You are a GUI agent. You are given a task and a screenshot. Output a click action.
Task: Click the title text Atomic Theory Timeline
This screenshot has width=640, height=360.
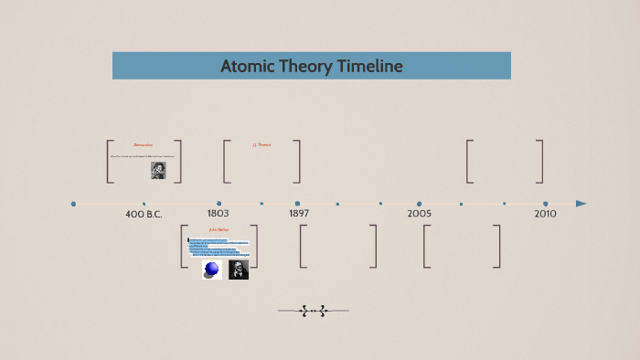pyautogui.click(x=311, y=66)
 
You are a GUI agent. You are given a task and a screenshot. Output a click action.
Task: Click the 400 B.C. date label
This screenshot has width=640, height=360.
pyautogui.click(x=144, y=214)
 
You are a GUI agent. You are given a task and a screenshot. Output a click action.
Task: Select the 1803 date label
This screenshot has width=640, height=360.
pyautogui.click(x=218, y=213)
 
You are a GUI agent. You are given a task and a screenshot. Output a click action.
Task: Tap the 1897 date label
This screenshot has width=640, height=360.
pyautogui.click(x=299, y=213)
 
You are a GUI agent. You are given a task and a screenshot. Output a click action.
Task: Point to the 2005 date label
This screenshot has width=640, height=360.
pyautogui.click(x=419, y=213)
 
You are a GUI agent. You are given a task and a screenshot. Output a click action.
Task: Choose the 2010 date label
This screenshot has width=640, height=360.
pyautogui.click(x=545, y=213)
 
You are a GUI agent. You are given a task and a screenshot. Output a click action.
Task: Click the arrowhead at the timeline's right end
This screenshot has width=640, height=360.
pyautogui.click(x=581, y=204)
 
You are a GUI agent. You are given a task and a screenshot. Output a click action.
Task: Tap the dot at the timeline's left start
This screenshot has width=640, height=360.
pyautogui.click(x=73, y=204)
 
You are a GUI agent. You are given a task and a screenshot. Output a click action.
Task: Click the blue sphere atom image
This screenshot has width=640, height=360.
pyautogui.click(x=212, y=270)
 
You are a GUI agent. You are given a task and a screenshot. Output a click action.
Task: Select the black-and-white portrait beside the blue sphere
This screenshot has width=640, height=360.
pyautogui.click(x=239, y=270)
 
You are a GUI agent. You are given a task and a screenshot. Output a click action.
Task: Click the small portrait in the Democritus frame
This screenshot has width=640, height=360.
pyautogui.click(x=158, y=170)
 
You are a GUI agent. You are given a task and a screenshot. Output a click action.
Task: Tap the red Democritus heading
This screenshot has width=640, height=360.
pyautogui.click(x=143, y=144)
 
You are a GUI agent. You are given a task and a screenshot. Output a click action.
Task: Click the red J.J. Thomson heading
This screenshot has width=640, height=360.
pyautogui.click(x=262, y=144)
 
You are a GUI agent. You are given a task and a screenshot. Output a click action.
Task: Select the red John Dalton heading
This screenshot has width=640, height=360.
pyautogui.click(x=219, y=229)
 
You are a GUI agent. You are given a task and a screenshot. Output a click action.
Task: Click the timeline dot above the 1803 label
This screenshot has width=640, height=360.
pyautogui.click(x=219, y=204)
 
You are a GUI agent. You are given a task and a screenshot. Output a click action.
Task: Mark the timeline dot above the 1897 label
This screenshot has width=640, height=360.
pyautogui.click(x=297, y=204)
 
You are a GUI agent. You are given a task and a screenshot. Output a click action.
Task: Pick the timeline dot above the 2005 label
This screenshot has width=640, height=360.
pyautogui.click(x=419, y=204)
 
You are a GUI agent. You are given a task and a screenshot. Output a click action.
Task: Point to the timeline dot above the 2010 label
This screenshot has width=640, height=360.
pyautogui.click(x=546, y=204)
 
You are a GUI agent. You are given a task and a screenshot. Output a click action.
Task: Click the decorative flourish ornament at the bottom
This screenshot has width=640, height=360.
pyautogui.click(x=314, y=311)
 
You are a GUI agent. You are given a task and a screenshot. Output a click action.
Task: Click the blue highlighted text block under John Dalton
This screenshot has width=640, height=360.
pyautogui.click(x=219, y=247)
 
